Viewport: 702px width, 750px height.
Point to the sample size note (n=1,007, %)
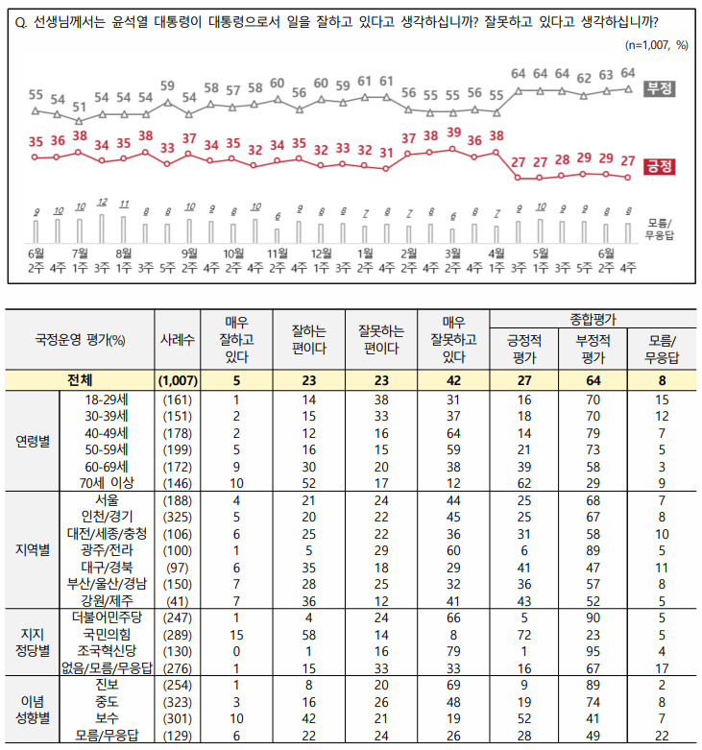click(656, 44)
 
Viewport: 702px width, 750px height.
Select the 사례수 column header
click(177, 339)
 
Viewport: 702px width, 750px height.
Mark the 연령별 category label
click(33, 441)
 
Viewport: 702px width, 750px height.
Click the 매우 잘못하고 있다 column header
click(454, 339)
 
